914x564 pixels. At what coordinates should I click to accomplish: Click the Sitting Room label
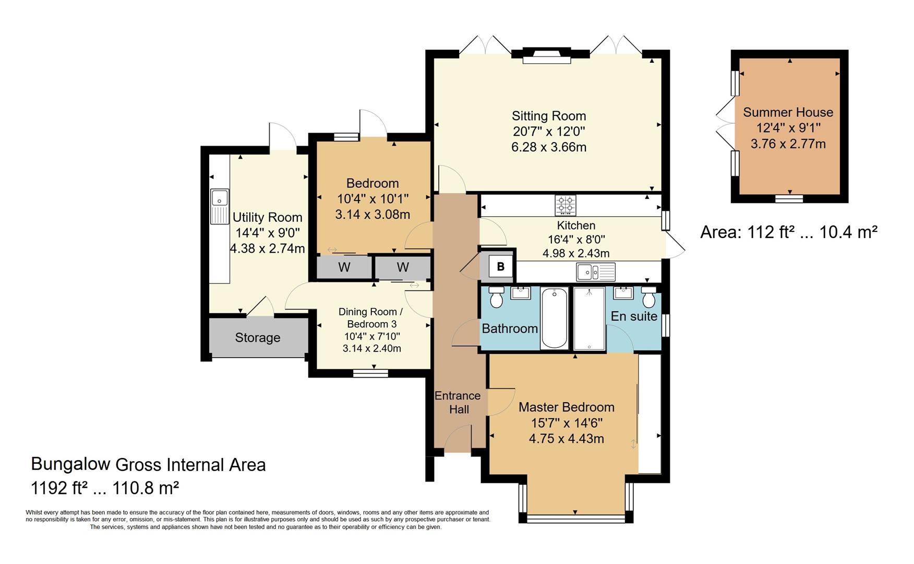[549, 116]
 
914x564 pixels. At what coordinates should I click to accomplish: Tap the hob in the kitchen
[566, 205]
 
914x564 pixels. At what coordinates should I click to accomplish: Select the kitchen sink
[596, 272]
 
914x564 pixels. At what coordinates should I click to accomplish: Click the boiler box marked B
[500, 267]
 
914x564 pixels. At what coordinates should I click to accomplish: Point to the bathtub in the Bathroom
[555, 318]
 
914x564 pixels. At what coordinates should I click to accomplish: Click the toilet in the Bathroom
[496, 297]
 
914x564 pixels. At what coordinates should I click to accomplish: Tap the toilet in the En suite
[648, 297]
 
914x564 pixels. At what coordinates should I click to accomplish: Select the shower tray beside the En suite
[589, 318]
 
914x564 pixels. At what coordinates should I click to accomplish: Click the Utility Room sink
[220, 206]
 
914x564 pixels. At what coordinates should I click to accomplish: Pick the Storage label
[258, 338]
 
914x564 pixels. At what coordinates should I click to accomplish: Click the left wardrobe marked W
[344, 267]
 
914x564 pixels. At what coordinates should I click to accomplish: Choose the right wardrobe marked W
[403, 267]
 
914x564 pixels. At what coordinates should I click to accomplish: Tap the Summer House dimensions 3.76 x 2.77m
[788, 144]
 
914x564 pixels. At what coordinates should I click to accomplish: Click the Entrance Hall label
[458, 403]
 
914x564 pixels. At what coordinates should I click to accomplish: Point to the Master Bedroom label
[567, 407]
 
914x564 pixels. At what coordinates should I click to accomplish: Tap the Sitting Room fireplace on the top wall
[547, 55]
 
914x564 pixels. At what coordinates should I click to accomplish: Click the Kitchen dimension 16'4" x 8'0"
[576, 240]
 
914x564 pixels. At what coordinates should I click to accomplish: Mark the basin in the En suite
[623, 292]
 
